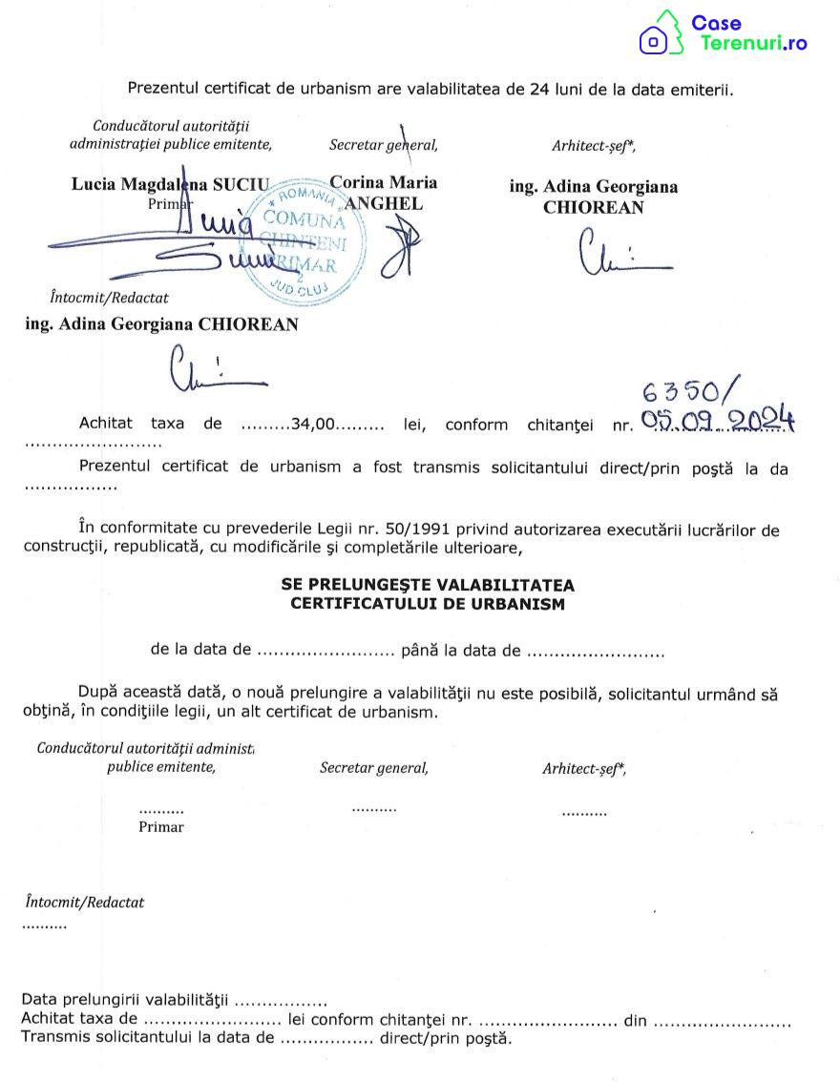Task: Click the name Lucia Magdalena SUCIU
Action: point(171,184)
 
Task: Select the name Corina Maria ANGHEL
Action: point(383,192)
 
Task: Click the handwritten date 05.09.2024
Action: point(718,420)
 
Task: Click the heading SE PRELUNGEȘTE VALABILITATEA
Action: point(428,584)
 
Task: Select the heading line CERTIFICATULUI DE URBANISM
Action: point(428,604)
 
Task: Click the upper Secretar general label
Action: point(384,145)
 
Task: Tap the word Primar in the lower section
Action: point(161,827)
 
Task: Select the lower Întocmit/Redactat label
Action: point(85,902)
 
